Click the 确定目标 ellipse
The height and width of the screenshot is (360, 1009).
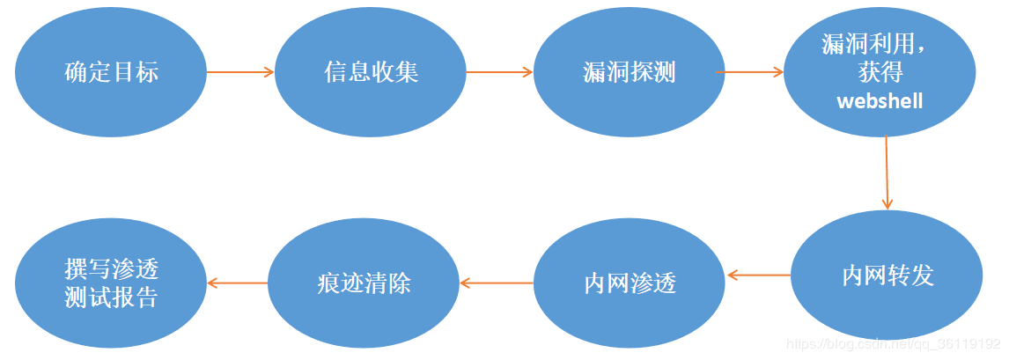tap(111, 72)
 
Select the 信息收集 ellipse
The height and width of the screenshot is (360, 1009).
tap(371, 72)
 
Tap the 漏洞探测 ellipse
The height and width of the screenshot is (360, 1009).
tap(629, 72)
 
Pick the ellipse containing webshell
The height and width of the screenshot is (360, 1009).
tap(880, 72)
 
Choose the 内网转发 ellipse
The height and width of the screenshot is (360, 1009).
tap(887, 276)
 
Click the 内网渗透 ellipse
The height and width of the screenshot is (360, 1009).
tap(630, 283)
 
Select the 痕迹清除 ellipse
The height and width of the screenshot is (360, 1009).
tap(364, 283)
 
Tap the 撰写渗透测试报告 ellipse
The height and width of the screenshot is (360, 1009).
tap(111, 283)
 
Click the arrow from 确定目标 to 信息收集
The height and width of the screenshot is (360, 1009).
tap(240, 72)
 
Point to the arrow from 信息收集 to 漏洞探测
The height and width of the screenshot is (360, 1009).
tap(499, 72)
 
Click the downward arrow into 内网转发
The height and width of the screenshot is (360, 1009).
tap(887, 173)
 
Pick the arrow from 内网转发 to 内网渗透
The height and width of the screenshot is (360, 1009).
tap(759, 276)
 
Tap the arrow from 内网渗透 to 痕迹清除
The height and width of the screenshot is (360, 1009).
tap(497, 283)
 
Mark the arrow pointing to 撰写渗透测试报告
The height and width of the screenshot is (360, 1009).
tap(237, 283)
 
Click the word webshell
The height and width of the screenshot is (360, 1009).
tap(880, 101)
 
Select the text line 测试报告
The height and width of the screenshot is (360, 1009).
tap(111, 298)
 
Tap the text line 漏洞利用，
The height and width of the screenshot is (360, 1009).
tap(880, 43)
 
